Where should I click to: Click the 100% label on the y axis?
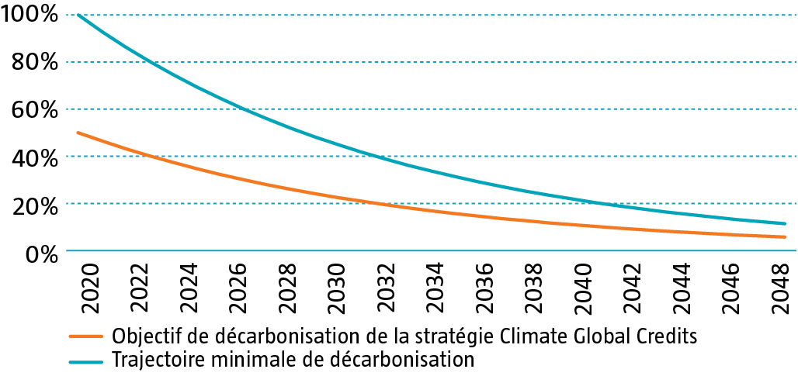pos(30,15)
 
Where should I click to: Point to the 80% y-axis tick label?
pos(36,63)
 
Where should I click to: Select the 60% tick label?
pos(36,110)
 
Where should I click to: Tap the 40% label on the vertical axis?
pos(36,157)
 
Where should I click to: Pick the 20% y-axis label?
pos(36,205)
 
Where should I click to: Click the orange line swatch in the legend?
pos(86,337)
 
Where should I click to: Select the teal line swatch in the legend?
pos(86,360)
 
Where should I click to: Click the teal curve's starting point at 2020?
pos(78,15)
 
